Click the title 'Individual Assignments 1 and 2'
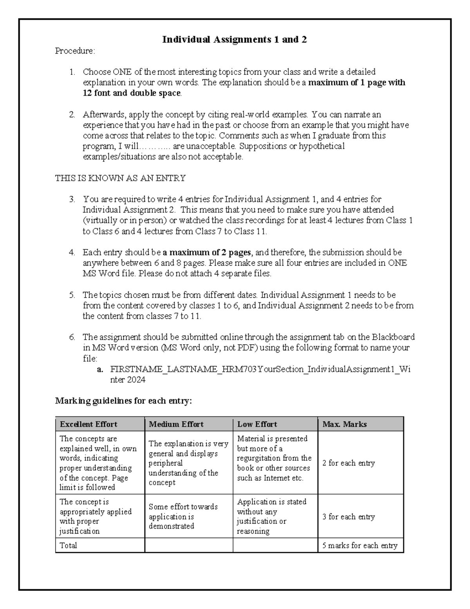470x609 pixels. point(235,40)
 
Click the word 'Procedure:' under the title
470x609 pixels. point(75,51)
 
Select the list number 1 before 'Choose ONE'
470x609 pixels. point(72,72)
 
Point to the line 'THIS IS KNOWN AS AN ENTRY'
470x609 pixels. point(120,178)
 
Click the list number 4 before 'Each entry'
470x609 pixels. point(72,253)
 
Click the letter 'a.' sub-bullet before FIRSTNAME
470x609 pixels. point(100,369)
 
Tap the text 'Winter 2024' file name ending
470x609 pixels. point(128,380)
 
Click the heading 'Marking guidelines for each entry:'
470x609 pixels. point(124,401)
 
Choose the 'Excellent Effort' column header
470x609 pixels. point(89,424)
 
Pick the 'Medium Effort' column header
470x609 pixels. point(176,424)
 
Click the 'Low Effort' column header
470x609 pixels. point(257,424)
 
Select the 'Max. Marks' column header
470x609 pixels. point(344,424)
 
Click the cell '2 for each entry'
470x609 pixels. point(348,463)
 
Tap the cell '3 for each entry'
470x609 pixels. point(348,517)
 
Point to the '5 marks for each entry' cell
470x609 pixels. point(360,545)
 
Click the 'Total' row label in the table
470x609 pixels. point(68,545)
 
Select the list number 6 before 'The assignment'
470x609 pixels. point(72,337)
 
